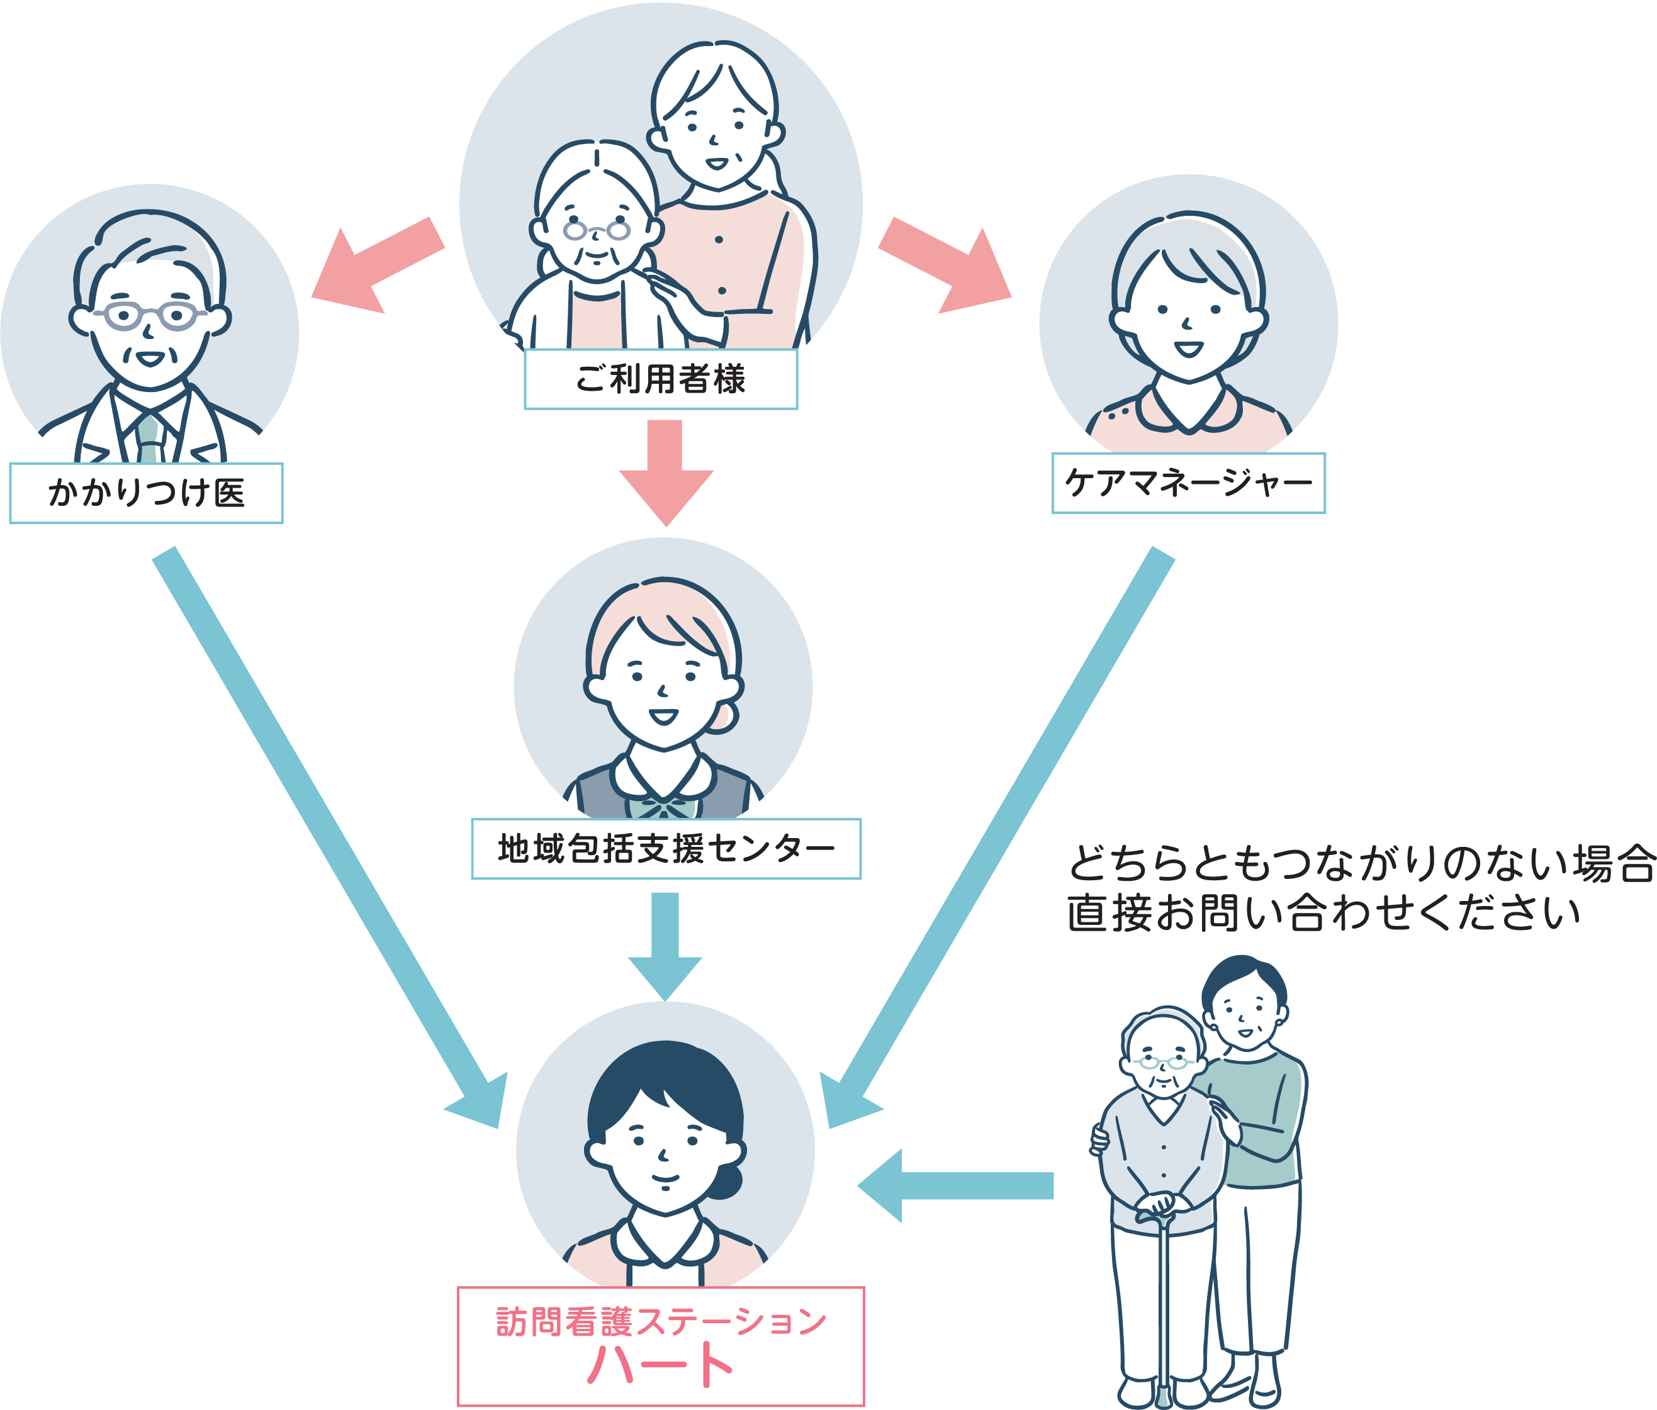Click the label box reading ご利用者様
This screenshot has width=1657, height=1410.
click(660, 379)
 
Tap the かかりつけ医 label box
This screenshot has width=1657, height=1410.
click(146, 493)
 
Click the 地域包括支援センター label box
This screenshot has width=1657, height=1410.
click(666, 848)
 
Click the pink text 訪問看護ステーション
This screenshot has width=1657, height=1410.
click(660, 1321)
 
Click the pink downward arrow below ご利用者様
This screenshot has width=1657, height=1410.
click(666, 472)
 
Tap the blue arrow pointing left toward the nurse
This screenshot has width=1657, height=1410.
click(951, 1185)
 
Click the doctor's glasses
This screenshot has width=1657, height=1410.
click(150, 315)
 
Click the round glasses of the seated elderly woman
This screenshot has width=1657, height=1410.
click(597, 231)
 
